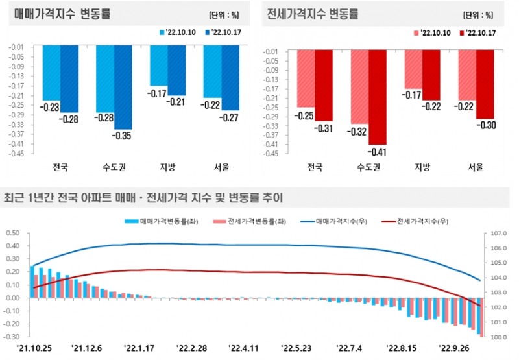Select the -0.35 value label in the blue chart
pyautogui.click(x=123, y=136)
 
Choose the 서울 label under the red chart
pyautogui.click(x=476, y=167)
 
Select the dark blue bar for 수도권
pyautogui.click(x=123, y=87)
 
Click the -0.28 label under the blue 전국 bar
pyautogui.click(x=69, y=119)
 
